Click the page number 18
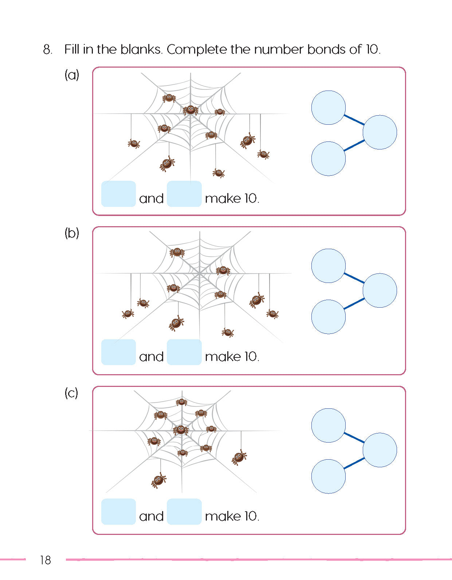tap(46, 560)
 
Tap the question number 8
tap(47, 49)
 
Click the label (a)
tap(72, 75)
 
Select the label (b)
tap(72, 233)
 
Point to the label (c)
tap(71, 393)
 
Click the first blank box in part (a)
tap(118, 194)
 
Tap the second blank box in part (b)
tap(184, 352)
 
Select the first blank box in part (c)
tap(118, 511)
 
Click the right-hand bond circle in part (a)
tap(380, 132)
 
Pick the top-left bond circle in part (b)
tap(329, 266)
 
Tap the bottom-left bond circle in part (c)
tap(329, 476)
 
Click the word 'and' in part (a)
tap(151, 199)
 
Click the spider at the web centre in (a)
tap(190, 109)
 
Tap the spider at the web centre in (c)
tap(181, 430)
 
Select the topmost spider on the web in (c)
tap(181, 402)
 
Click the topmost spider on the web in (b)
tap(177, 252)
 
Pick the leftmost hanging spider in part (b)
tap(128, 313)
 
